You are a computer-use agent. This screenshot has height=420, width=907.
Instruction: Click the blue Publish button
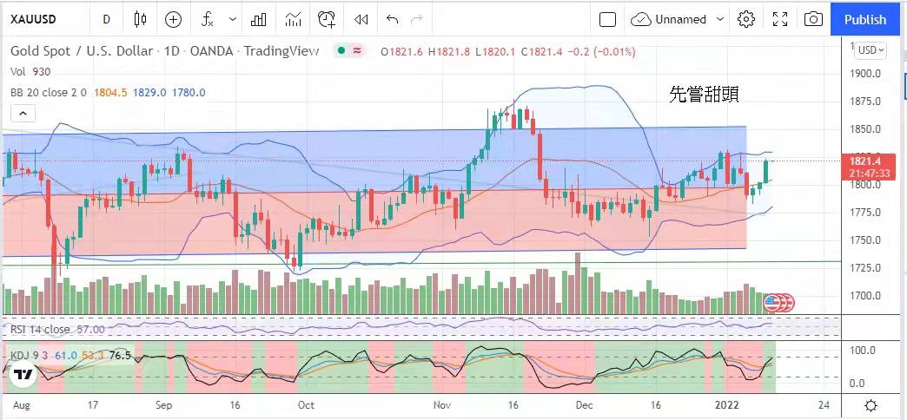865,19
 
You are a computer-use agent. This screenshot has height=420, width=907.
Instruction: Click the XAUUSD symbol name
34,19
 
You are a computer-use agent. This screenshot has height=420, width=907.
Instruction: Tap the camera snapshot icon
813,19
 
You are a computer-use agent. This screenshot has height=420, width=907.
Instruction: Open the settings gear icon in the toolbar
746,19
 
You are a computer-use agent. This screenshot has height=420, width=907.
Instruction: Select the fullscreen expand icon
780,19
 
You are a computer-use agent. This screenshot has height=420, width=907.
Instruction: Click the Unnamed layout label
681,19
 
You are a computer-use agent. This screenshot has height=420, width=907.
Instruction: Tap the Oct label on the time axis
306,405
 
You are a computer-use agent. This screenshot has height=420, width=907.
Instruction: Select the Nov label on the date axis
441,405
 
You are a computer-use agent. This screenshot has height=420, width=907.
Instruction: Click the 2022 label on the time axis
726,405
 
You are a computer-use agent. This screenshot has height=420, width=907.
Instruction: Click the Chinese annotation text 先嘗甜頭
704,95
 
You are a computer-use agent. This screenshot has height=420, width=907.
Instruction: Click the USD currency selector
871,49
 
